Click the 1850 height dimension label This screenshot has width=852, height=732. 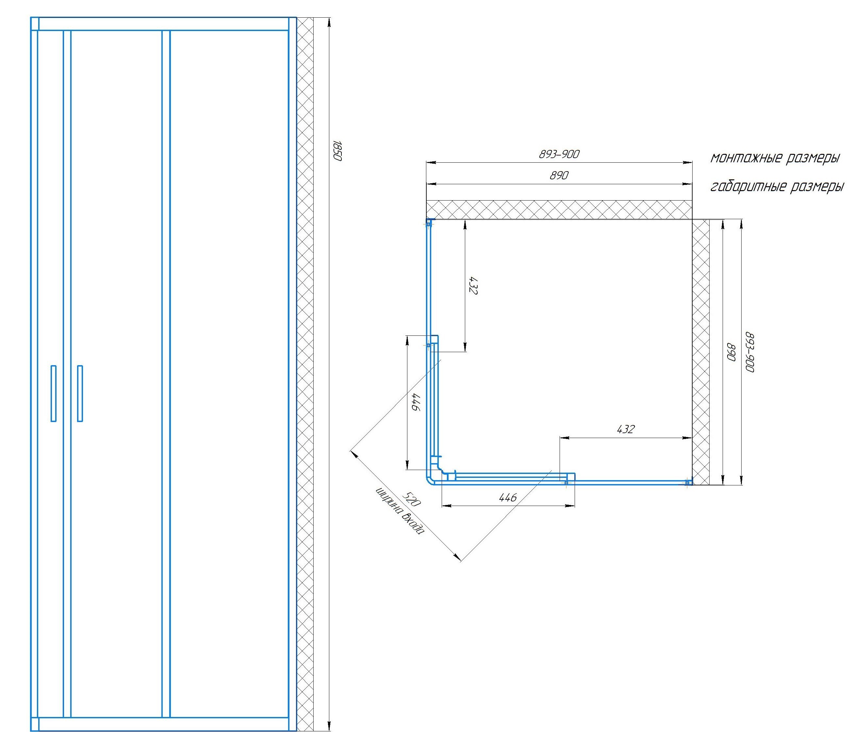337,151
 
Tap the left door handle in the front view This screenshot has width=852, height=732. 54,393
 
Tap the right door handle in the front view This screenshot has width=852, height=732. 80,393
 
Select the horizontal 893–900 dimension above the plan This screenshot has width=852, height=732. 559,154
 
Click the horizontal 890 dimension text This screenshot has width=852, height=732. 559,176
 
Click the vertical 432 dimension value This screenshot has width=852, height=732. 473,285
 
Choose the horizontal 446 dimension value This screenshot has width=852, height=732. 507,497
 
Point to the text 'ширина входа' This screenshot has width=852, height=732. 399,512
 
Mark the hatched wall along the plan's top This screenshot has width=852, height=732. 559,210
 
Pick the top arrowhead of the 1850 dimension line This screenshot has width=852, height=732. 329,22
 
